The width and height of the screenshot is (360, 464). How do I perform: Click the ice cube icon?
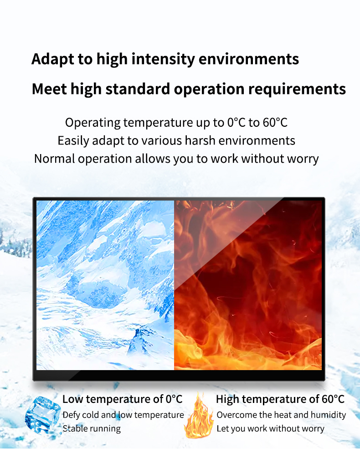pos(43,416)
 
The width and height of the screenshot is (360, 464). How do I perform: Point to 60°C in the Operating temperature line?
pos(275,123)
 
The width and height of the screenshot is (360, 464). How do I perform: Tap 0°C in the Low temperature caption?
pos(174,399)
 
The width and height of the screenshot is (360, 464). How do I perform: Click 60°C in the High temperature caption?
pos(333,399)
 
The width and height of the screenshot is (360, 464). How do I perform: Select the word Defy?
pos(71,415)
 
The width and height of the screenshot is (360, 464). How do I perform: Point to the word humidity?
pos(328,415)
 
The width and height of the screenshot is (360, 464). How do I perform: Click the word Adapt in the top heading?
pos(53,59)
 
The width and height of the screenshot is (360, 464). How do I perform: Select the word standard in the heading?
pos(138,89)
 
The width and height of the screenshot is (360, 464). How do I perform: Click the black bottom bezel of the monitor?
pos(179,375)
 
